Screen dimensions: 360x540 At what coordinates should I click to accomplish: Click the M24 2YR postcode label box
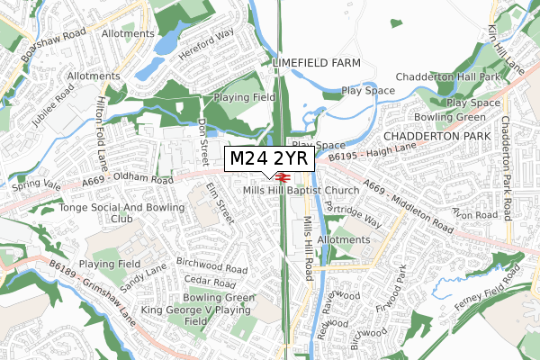268,158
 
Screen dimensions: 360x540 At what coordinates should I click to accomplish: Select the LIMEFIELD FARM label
316,62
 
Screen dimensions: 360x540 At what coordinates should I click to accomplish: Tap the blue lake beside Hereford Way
168,43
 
